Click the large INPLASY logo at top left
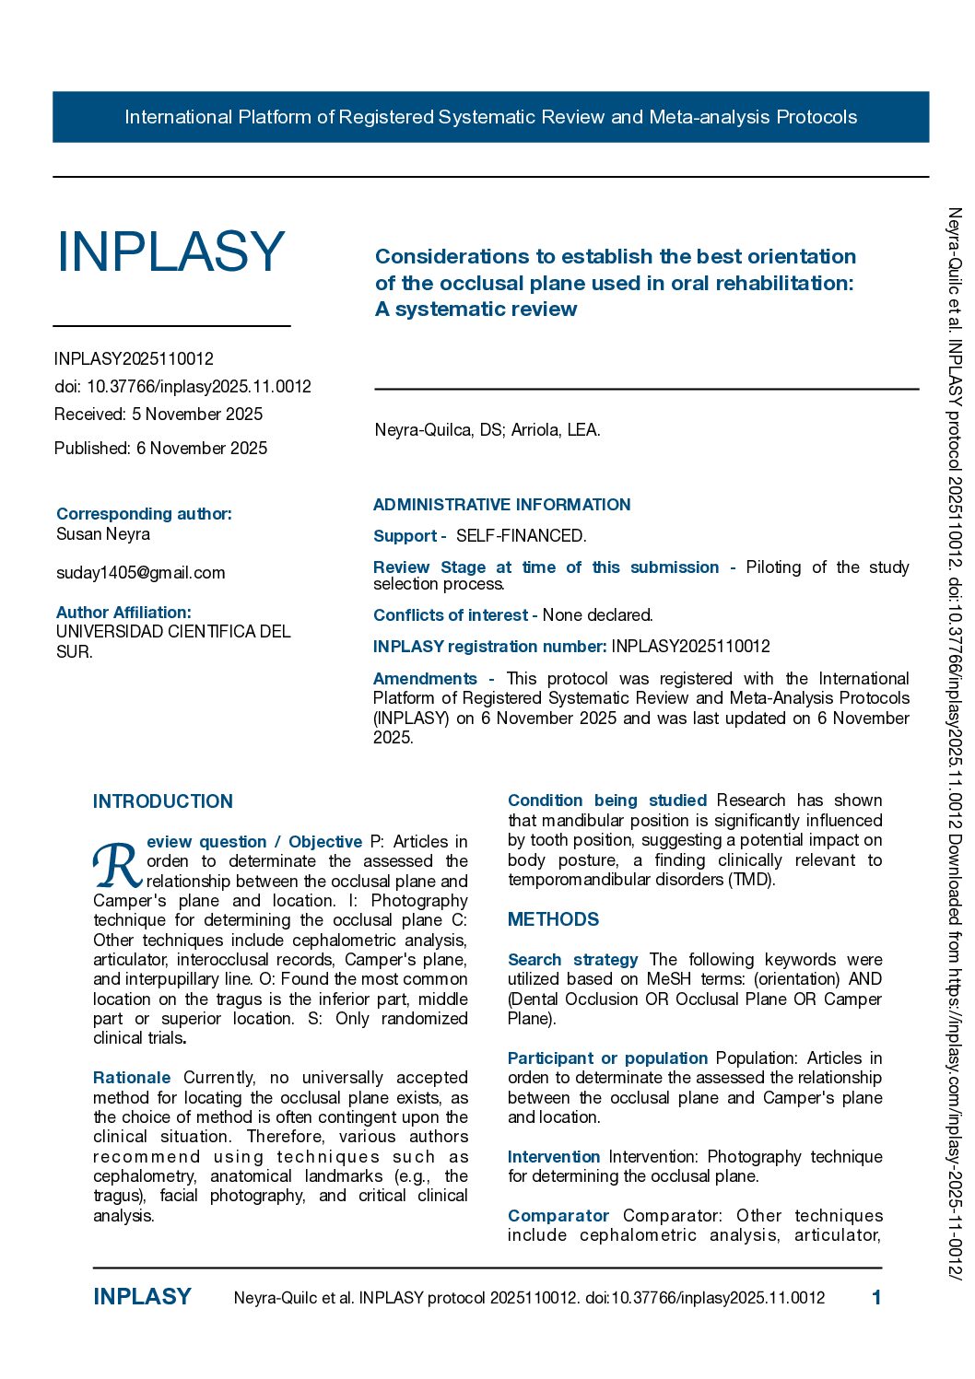170,251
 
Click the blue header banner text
490,117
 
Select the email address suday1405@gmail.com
140,573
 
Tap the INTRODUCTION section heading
163,801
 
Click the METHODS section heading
553,919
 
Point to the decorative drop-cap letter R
116,866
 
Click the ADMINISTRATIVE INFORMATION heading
501,505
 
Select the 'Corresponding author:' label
144,514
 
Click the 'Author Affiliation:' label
123,613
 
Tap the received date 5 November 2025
197,415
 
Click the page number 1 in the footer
876,1298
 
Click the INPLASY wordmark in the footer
142,1297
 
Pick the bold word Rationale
132,1078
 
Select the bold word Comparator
558,1216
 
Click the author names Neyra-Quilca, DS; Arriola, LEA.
487,430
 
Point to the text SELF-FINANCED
521,536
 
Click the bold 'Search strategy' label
572,960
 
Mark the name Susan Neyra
103,534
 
